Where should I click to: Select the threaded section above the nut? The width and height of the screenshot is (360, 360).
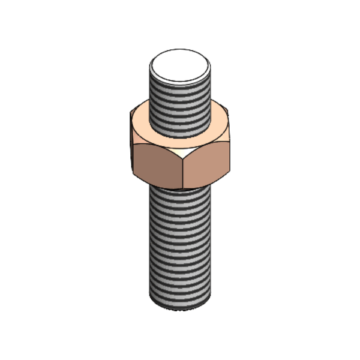pyautogui.click(x=180, y=105)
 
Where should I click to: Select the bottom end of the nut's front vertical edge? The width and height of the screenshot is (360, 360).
pyautogui.click(x=182, y=187)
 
